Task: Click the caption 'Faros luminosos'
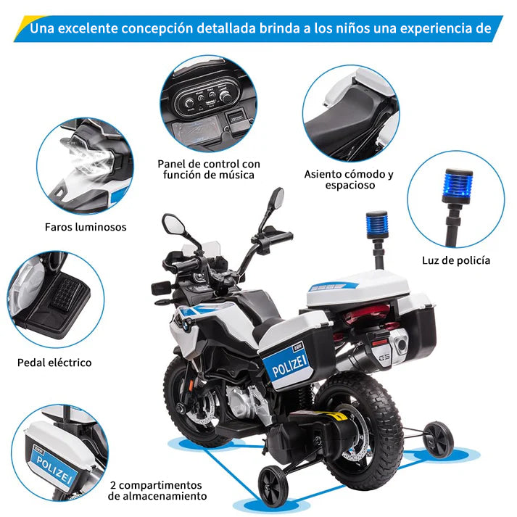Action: coord(86,227)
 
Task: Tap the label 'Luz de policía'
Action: coord(456,260)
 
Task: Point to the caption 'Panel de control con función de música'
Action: coord(209,170)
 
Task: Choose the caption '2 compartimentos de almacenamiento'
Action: coord(157,490)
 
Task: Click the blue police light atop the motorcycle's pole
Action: coord(376,223)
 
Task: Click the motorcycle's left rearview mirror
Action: coord(173,223)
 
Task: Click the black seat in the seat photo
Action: coord(348,117)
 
